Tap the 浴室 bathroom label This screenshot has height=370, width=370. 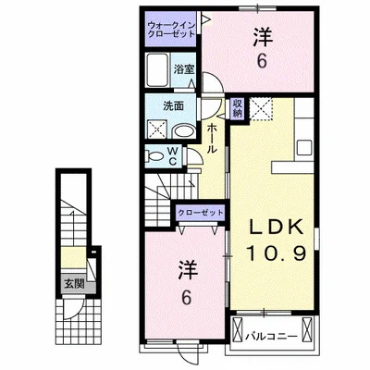(182, 68)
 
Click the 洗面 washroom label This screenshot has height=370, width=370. (163, 105)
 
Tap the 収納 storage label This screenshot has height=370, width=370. (237, 108)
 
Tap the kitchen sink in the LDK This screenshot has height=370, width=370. (305, 148)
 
